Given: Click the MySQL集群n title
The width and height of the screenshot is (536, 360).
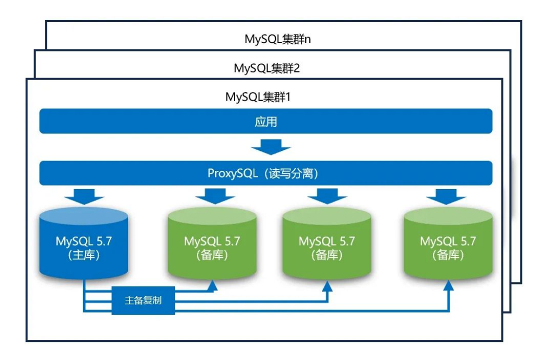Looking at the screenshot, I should coord(277,39).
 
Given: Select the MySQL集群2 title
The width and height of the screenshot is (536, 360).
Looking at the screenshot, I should coord(266,68).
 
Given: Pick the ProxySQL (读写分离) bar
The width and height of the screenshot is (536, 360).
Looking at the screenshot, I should coord(265,173).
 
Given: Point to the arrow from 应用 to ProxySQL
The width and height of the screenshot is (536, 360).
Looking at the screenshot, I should coord(271,147).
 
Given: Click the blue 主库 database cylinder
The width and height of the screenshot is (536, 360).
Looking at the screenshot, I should coord(84,244).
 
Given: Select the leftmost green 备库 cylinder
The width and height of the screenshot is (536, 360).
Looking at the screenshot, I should coord(212,244).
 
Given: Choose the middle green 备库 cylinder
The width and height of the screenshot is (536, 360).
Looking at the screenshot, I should coord(326,244).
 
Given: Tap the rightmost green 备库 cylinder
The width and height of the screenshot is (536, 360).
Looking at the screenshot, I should coord(448,244).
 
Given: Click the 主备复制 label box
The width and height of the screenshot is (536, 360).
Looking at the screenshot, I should coord(143,300).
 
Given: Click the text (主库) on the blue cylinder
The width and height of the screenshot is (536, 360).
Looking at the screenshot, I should coord(84,255).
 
